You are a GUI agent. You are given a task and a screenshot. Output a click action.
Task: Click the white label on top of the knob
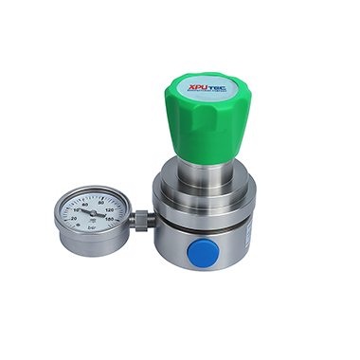pyautogui.click(x=214, y=83)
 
